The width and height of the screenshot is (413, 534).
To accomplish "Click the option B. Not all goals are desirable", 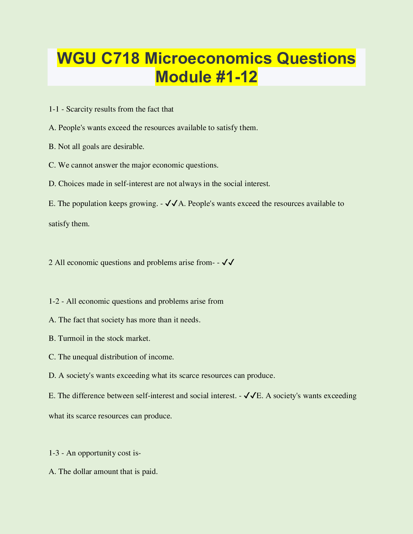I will click(x=97, y=146).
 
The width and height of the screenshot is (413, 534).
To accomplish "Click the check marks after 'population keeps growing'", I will click(x=172, y=204).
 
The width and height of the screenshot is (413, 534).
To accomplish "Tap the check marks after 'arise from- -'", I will click(x=228, y=262).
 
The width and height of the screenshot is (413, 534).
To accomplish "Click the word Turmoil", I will click(x=71, y=338).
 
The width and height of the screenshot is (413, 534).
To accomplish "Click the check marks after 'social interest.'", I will click(x=250, y=396).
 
